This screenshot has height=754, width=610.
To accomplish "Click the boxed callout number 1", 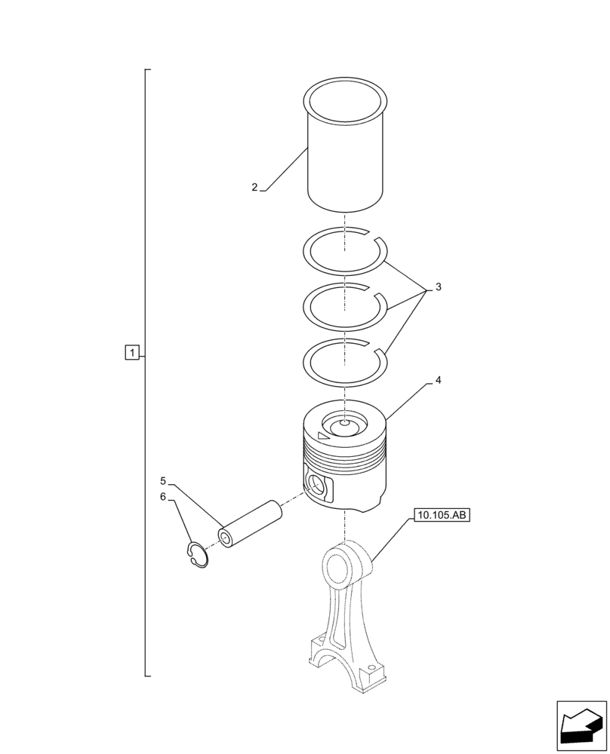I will [131, 352].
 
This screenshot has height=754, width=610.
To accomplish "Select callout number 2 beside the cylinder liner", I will [255, 187].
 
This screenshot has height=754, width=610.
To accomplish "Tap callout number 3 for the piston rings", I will [438, 287].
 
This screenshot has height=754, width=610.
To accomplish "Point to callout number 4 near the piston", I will [438, 381].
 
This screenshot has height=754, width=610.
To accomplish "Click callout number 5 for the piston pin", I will [162, 480].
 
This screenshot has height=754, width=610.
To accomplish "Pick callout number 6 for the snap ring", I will [162, 497].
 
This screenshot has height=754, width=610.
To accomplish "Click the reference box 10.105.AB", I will [442, 516].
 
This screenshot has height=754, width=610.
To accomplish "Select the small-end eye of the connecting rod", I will [339, 561].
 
